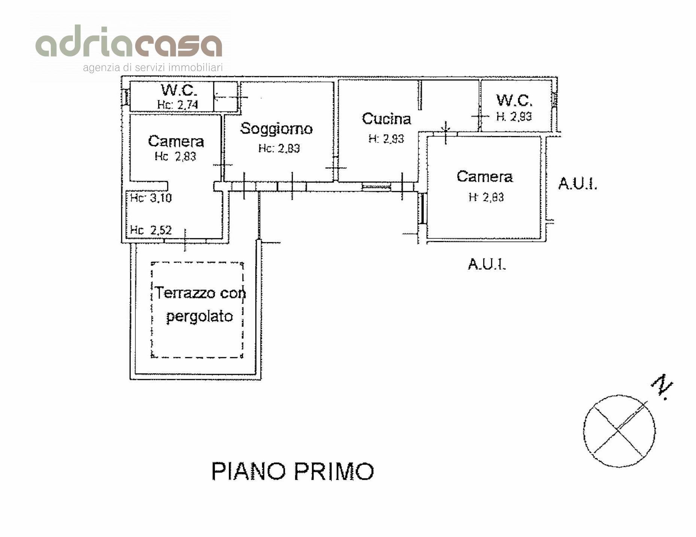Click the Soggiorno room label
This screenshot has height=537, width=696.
[276, 129]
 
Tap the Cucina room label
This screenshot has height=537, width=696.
[386, 119]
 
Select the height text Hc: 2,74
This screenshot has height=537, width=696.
[177, 105]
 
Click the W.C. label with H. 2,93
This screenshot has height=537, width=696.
[514, 100]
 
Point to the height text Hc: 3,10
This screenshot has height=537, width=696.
[151, 197]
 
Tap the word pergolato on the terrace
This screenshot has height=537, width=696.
[199, 317]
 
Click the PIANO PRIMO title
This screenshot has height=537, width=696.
[293, 471]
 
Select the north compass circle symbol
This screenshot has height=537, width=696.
[619, 431]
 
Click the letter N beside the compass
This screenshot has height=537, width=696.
[662, 391]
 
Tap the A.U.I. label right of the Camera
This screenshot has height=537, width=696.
[577, 184]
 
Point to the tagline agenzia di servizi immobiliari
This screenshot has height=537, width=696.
[153, 68]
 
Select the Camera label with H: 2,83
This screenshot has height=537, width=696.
[484, 177]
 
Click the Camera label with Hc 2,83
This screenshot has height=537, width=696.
[176, 141]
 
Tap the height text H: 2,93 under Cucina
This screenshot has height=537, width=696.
[386, 139]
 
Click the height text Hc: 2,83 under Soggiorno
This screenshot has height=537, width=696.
[279, 148]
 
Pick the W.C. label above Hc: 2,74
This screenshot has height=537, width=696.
[179, 90]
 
